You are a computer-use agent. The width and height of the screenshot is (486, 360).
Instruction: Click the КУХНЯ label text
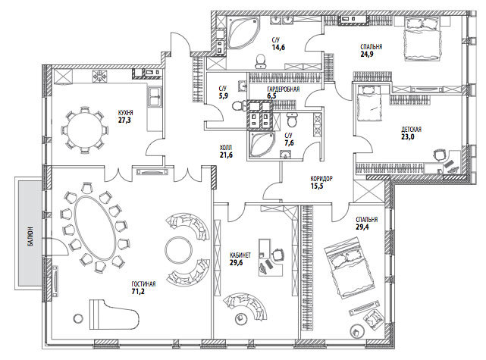click(125, 112)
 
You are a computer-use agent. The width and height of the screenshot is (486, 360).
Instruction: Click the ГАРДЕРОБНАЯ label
click(283, 89)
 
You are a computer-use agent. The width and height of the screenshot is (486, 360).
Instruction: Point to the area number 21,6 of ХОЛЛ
click(226, 155)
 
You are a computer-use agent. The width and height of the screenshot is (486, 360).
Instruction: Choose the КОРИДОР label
click(322, 178)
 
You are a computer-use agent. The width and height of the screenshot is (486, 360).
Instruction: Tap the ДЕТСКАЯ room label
click(411, 130)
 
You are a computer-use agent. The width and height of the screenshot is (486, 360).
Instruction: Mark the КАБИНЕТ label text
click(240, 256)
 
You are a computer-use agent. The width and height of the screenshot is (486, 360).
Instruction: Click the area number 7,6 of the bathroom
click(289, 142)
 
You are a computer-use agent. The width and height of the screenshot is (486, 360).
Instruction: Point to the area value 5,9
click(224, 96)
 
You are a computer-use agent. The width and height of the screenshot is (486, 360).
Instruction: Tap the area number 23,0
click(409, 137)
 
